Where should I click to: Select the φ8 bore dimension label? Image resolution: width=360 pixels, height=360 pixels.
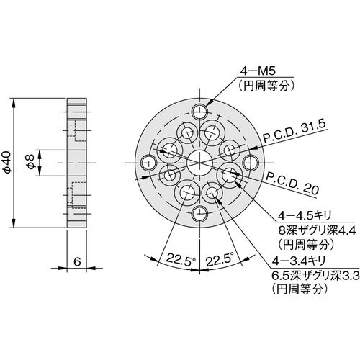pos(31,162)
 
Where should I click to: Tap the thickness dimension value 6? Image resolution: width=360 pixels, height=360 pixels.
pos(77,261)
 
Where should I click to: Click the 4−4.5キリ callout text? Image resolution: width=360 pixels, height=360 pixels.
pos(305,216)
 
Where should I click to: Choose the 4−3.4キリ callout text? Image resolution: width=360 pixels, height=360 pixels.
pos(298,261)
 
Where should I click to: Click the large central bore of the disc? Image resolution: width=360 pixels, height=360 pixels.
pos(199,163)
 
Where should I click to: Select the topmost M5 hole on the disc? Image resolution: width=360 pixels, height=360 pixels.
pos(199,112)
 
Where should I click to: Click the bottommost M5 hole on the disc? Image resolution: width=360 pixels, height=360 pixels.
pos(199,213)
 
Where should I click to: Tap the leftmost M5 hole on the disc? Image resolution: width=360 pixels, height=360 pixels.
pos(149,163)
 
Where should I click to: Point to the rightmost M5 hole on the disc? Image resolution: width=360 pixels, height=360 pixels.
pos(251,163)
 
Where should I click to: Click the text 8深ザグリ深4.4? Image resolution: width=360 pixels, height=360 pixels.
pos(317,231)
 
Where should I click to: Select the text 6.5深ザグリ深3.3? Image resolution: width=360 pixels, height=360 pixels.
pos(315,276)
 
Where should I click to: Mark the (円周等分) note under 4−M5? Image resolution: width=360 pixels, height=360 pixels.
pos(266,86)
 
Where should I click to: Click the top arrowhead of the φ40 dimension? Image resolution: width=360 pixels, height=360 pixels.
pos(14,102)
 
